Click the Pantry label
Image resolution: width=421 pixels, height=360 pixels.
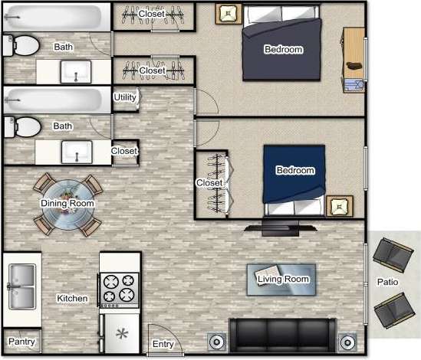click(x=20, y=341)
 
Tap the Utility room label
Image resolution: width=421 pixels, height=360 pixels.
click(x=124, y=97)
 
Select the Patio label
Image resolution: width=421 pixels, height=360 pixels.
click(x=387, y=282)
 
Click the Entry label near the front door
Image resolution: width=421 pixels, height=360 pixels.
click(x=163, y=344)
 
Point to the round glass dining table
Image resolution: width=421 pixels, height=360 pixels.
click(x=67, y=205)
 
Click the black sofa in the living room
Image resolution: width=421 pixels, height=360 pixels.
click(x=282, y=334)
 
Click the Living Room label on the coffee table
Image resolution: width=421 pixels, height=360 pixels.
click(x=282, y=279)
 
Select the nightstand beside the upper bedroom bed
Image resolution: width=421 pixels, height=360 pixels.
click(x=228, y=13)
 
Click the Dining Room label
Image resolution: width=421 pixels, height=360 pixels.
click(x=67, y=203)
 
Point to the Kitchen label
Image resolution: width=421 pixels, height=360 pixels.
click(x=72, y=298)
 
